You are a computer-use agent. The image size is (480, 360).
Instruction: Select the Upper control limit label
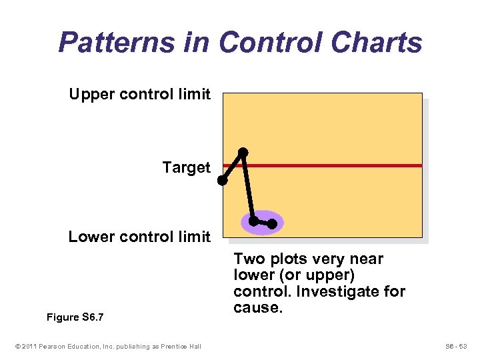click(139, 94)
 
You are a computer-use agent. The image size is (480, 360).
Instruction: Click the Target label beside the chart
click(186, 167)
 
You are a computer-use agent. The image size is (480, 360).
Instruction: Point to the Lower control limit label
click(139, 237)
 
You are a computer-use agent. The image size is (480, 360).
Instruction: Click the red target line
click(333, 165)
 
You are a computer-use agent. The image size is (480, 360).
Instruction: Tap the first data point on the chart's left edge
click(223, 180)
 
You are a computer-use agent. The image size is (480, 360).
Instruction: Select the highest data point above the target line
click(243, 152)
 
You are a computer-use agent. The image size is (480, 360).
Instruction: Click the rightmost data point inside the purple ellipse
click(272, 224)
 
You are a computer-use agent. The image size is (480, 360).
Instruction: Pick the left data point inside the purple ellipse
click(253, 220)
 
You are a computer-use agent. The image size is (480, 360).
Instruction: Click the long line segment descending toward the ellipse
click(249, 187)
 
